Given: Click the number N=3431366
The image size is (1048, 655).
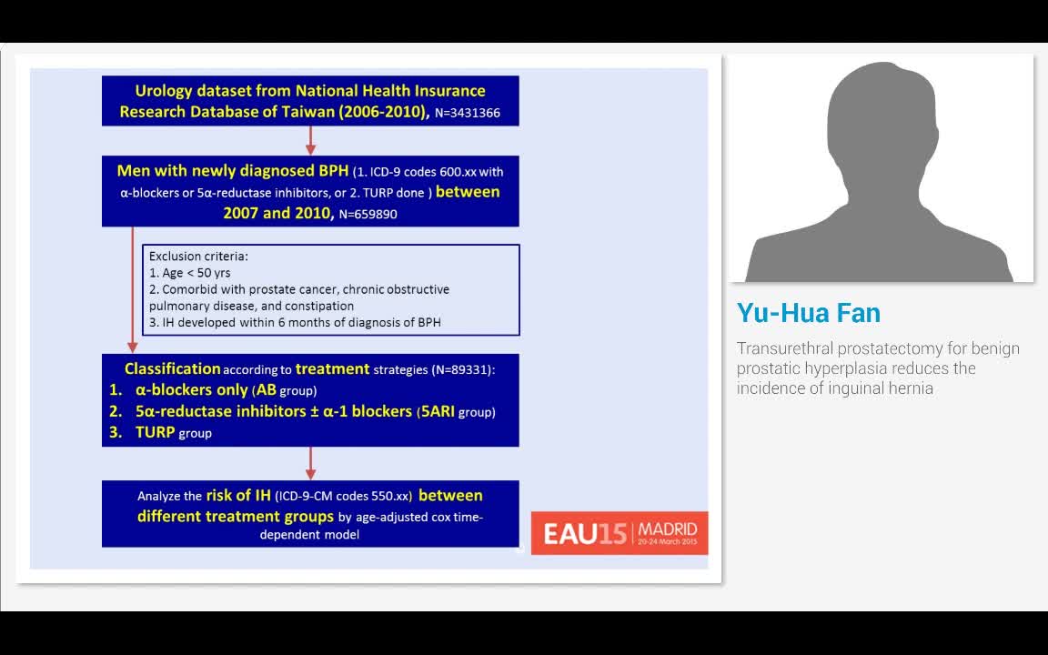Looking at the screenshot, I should pyautogui.click(x=467, y=114).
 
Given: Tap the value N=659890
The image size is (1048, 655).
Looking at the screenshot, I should pyautogui.click(x=368, y=215).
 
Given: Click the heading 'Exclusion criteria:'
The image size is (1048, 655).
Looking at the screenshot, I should pyautogui.click(x=198, y=257).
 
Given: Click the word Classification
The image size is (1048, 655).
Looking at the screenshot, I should pyautogui.click(x=172, y=368).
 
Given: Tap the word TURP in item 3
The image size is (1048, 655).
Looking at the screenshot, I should pyautogui.click(x=155, y=433).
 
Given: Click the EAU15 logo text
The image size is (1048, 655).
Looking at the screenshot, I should pyautogui.click(x=585, y=533).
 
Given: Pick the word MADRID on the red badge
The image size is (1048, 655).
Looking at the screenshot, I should pyautogui.click(x=668, y=529).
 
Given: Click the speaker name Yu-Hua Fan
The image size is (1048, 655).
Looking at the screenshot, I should pyautogui.click(x=809, y=313).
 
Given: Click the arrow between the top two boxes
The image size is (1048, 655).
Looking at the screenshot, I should pyautogui.click(x=310, y=140).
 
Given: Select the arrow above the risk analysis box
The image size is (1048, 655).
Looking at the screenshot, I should pyautogui.click(x=310, y=463).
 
